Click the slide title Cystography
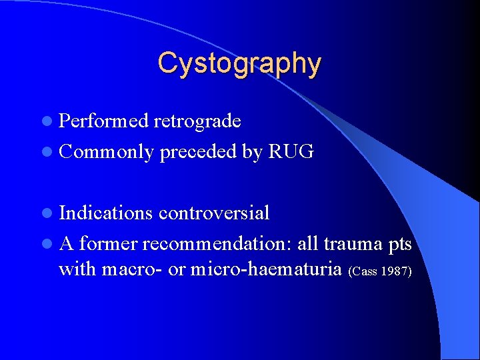tap(239, 63)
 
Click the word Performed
tap(104, 121)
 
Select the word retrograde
tap(197, 121)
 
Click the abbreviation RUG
tap(290, 151)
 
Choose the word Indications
tap(106, 213)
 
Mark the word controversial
tap(214, 213)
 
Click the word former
tap(108, 244)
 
